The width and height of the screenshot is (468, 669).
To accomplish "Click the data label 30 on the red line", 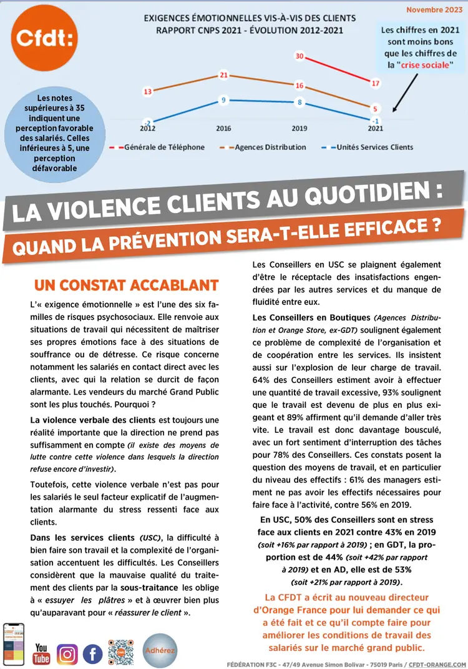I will [x=300, y=57].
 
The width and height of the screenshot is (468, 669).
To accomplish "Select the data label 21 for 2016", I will [x=224, y=76].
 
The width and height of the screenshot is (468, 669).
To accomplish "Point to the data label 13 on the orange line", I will [x=148, y=92].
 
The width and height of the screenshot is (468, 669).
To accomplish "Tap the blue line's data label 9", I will [x=223, y=100].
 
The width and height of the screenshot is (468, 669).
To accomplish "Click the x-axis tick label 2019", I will [x=300, y=128].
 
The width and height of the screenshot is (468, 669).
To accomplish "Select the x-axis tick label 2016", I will [x=223, y=128].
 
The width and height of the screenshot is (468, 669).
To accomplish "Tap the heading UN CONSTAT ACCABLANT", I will [x=126, y=286].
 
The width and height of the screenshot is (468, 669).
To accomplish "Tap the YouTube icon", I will [x=42, y=653].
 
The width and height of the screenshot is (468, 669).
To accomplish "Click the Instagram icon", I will [x=67, y=654].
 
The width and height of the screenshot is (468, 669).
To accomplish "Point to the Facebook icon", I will [x=92, y=654].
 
